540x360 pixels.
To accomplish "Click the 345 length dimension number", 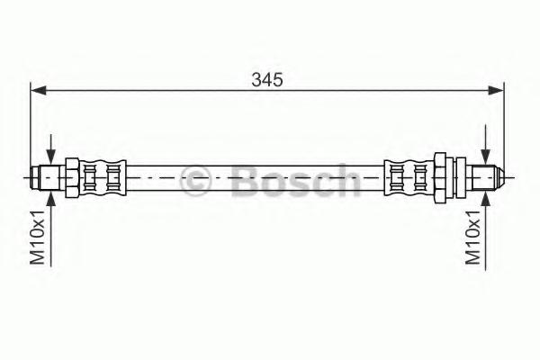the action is pyautogui.click(x=267, y=80).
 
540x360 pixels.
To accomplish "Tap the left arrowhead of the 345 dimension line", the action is pyautogui.click(x=38, y=90).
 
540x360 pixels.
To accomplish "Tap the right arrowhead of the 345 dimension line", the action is pyautogui.click(x=496, y=90).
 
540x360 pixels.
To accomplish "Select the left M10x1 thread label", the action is pyautogui.click(x=38, y=238).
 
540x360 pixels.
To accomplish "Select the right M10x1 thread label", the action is pyautogui.click(x=473, y=238).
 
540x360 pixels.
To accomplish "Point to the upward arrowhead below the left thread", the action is pyautogui.click(x=51, y=198).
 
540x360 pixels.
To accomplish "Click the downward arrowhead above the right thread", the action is pyautogui.click(x=486, y=157).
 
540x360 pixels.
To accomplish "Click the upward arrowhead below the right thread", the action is pyautogui.click(x=486, y=199).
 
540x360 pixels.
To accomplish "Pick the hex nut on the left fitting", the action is pyautogui.click(x=72, y=178).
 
